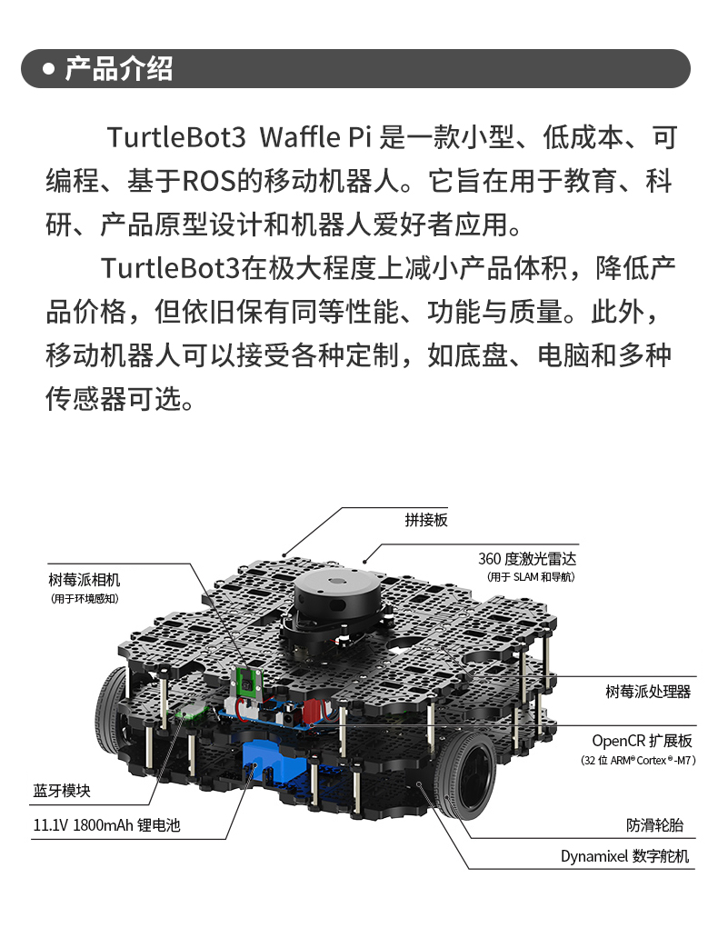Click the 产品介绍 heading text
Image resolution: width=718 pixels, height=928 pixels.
coord(118,69)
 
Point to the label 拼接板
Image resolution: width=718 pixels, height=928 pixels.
coord(426,520)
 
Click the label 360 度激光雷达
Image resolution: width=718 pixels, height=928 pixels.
coord(527,559)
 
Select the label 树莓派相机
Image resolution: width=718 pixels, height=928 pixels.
coord(85,580)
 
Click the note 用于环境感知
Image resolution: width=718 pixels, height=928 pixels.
coord(85,598)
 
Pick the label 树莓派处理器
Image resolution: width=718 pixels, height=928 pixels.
coord(648,692)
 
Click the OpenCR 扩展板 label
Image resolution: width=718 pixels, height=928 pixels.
coord(642,741)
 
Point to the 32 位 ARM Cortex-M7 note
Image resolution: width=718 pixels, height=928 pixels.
coord(638,760)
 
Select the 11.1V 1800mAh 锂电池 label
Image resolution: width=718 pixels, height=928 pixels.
coord(106,825)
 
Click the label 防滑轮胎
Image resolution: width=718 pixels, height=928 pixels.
coord(654,825)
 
